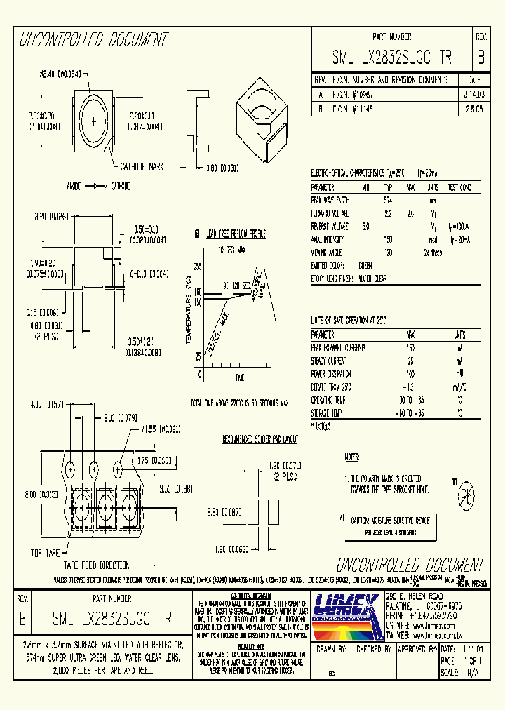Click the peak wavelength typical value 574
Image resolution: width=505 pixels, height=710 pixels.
(x=387, y=201)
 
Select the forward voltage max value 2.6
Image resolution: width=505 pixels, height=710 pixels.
(x=410, y=213)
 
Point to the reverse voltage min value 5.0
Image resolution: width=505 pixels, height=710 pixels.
(x=365, y=226)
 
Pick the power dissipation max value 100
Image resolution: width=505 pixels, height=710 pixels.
(x=410, y=374)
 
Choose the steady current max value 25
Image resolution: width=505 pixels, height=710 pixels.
(x=410, y=361)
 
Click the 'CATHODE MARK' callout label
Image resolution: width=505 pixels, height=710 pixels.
(x=141, y=167)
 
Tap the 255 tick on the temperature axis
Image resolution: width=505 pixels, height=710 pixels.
(x=198, y=267)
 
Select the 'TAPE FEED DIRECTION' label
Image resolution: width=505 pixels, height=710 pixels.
(x=97, y=565)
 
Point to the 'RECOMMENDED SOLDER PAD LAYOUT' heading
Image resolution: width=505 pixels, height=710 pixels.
(x=260, y=439)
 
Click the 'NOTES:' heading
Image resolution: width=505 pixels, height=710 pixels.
(x=351, y=457)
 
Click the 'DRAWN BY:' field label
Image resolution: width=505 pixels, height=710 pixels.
(x=331, y=650)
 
